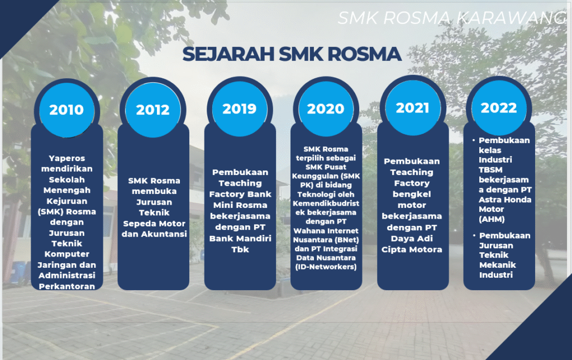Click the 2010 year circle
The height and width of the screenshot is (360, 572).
click(67, 110)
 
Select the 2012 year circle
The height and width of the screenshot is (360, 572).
click(153, 110)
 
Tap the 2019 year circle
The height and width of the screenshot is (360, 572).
click(240, 109)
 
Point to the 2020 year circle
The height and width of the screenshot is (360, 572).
click(326, 109)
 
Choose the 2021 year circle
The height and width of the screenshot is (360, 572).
click(413, 108)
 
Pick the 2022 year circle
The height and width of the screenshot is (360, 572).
click(499, 108)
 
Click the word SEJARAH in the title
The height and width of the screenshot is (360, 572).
click(228, 54)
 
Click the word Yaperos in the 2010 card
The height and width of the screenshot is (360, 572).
click(67, 158)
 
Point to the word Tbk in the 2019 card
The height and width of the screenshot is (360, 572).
click(240, 250)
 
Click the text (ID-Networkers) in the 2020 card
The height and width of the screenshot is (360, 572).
click(326, 267)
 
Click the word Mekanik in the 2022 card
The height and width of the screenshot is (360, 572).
click(498, 265)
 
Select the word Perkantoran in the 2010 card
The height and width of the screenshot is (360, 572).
click(67, 287)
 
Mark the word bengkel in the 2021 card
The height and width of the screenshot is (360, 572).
click(412, 194)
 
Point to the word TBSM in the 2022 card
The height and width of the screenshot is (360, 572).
click(490, 170)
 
